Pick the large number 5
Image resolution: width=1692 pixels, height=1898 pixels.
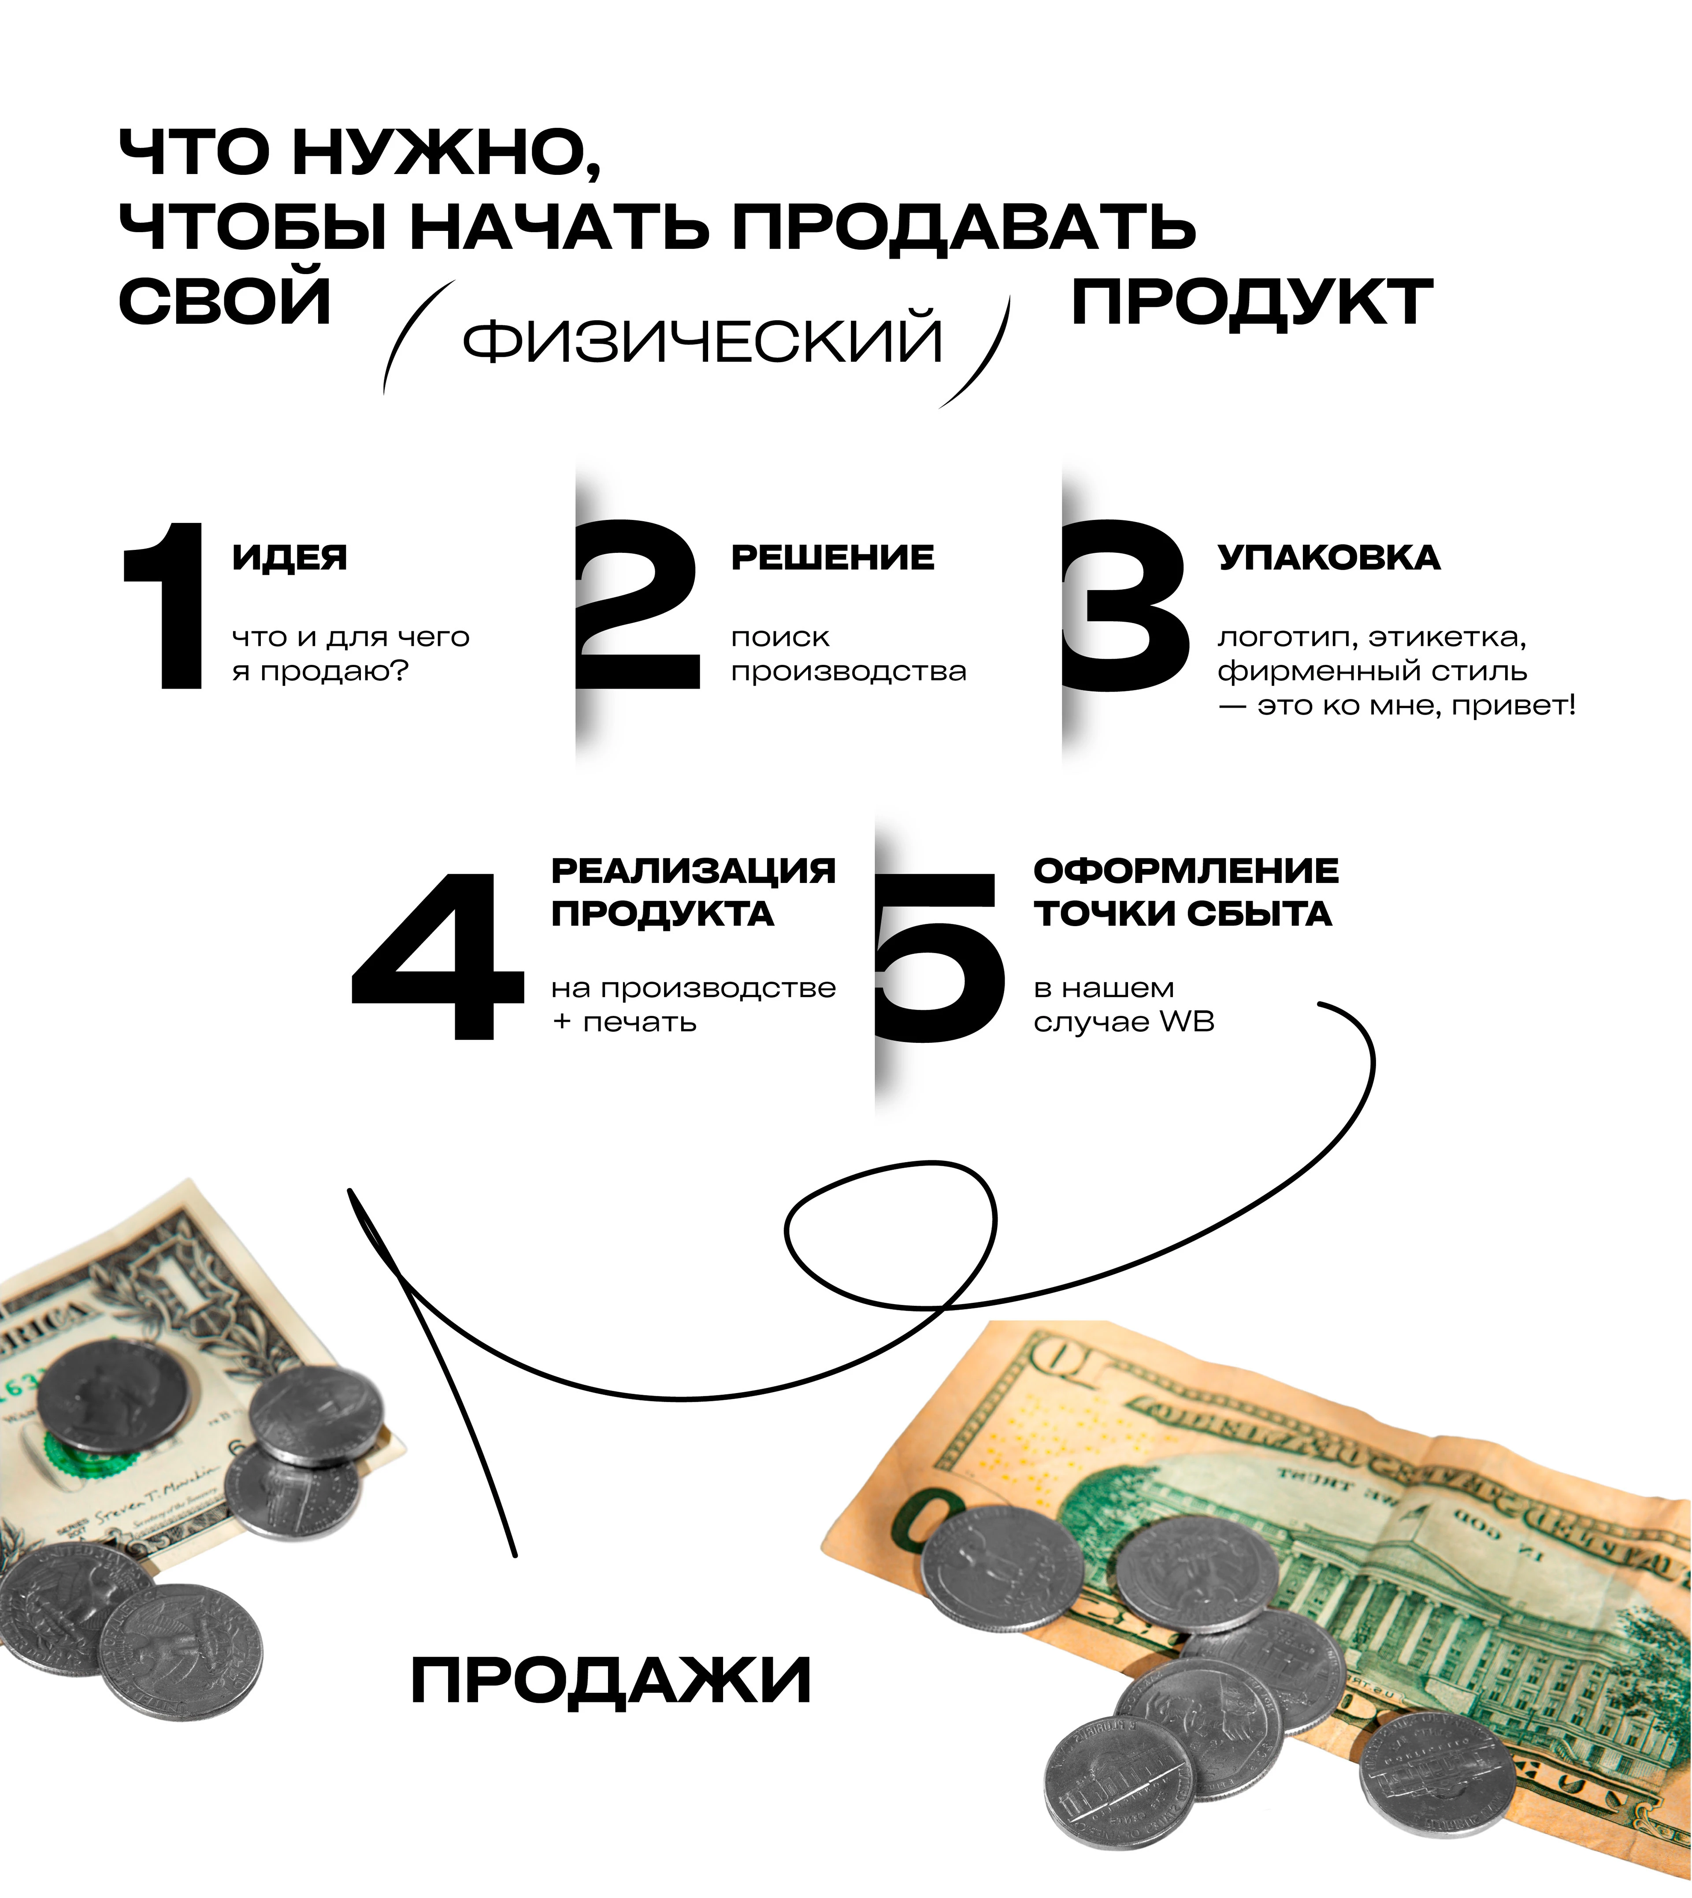tap(939, 957)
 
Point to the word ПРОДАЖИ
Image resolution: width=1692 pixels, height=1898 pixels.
tap(611, 1680)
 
